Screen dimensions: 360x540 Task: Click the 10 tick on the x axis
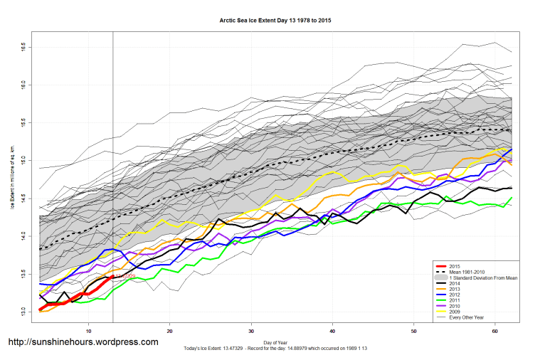tap(88, 331)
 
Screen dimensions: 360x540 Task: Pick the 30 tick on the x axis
tap(251, 331)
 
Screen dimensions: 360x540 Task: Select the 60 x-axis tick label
tap(495, 331)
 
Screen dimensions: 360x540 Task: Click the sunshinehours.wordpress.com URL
tap(83, 342)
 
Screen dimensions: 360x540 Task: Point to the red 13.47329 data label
tap(126, 276)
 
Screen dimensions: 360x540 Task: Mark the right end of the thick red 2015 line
tap(112, 277)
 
